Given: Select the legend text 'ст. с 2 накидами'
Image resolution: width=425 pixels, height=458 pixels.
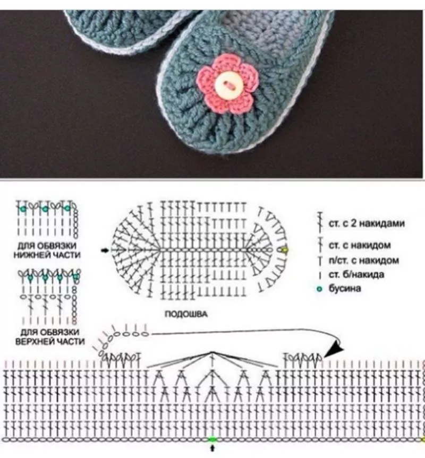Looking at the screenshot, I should point(366,224).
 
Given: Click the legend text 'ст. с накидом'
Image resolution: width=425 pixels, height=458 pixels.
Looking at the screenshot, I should point(360,245).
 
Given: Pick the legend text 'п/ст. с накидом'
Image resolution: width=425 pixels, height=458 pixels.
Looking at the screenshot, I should point(363,261).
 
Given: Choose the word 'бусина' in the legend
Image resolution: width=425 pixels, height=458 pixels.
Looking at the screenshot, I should point(346,289).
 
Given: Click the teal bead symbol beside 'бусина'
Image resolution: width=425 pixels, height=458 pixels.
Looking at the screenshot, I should point(319,290).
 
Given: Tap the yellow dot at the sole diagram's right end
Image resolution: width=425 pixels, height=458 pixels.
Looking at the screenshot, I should point(285,249).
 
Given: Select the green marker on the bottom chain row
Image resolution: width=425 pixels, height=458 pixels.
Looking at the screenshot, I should point(212,439).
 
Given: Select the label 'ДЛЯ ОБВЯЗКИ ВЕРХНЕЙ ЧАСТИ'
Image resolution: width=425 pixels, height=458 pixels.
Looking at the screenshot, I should point(50,336).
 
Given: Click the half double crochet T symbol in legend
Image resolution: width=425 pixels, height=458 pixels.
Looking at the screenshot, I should point(320,261).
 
